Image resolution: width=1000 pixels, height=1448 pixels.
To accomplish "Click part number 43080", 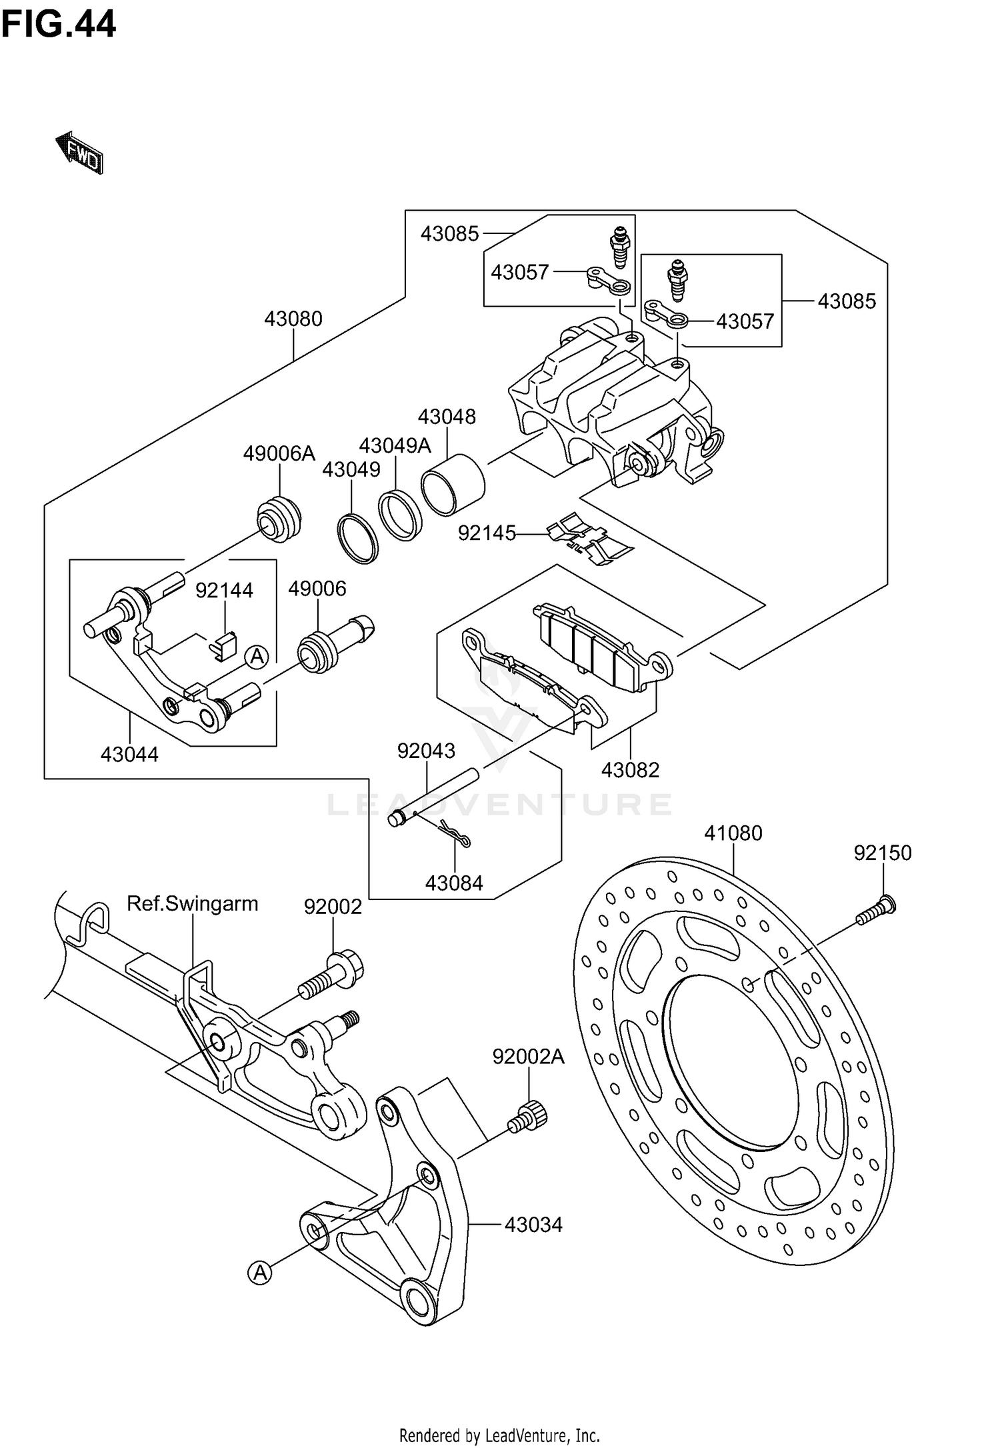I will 293,319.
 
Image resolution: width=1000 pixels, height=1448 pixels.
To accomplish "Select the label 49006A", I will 279,454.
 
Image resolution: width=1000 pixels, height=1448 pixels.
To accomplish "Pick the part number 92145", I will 487,533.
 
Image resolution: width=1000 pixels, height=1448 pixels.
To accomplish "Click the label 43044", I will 129,755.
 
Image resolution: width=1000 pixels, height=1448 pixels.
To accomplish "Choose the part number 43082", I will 630,770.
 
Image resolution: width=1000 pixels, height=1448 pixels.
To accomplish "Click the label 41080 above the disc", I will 733,833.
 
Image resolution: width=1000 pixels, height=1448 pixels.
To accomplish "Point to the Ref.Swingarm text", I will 192,904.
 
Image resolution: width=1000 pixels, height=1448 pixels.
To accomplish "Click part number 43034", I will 533,1225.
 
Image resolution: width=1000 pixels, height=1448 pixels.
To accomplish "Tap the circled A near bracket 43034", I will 260,1273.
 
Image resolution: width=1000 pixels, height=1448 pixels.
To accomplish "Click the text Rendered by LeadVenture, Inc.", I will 499,1435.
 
